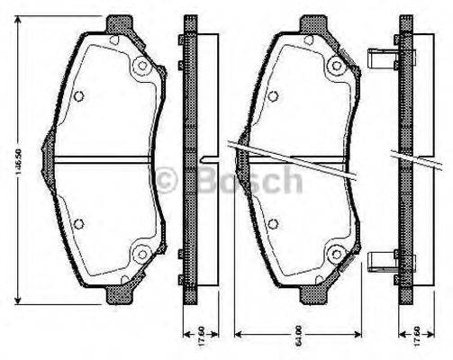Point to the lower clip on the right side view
(x=379, y=260)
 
